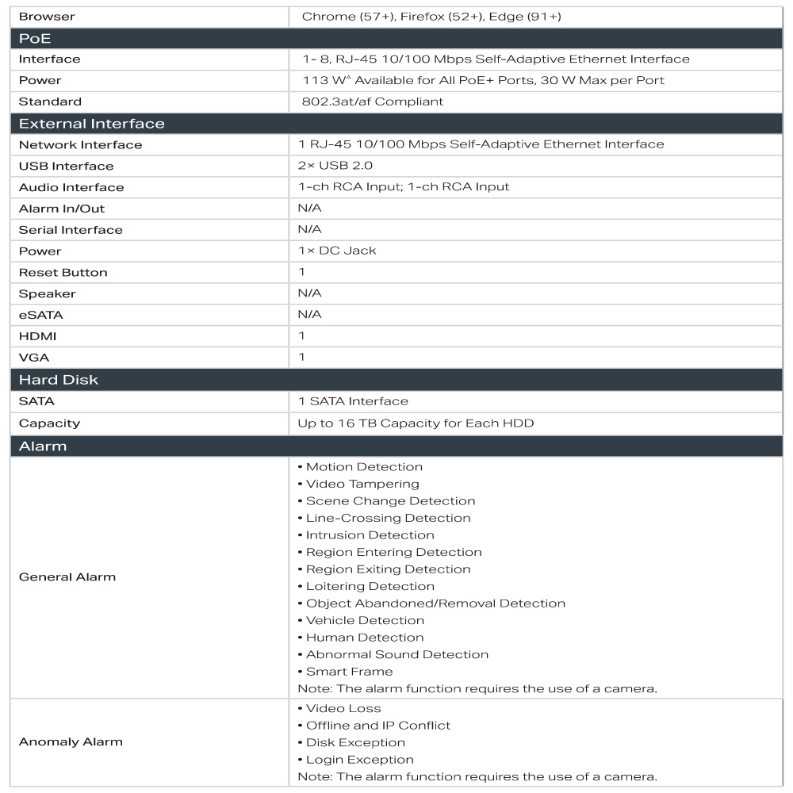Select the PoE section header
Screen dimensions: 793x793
(x=35, y=38)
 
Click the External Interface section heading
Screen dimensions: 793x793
(x=91, y=124)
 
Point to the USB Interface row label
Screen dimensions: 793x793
(x=66, y=166)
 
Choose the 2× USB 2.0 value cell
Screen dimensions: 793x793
(x=335, y=166)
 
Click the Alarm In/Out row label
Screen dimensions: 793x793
(x=61, y=209)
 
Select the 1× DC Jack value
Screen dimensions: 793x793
(x=337, y=251)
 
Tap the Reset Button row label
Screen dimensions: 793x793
(x=63, y=272)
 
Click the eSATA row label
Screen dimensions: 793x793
(x=40, y=315)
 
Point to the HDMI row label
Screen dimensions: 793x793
(x=37, y=336)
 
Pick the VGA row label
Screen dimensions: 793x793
(x=33, y=358)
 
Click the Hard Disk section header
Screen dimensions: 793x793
(x=58, y=380)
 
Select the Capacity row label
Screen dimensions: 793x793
(x=48, y=423)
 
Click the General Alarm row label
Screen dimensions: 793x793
(x=67, y=577)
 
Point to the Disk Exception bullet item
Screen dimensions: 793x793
(x=355, y=742)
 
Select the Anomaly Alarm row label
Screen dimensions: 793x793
(x=70, y=742)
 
